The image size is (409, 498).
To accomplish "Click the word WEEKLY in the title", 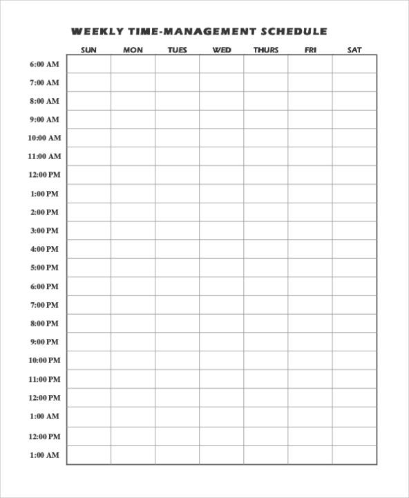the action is (x=97, y=32).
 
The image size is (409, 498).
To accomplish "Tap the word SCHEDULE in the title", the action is (x=294, y=32).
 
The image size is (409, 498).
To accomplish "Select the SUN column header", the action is (x=88, y=50).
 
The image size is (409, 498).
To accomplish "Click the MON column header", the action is (x=133, y=50).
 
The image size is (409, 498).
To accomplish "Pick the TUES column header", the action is (x=177, y=50).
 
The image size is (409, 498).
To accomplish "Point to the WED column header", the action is (x=222, y=50).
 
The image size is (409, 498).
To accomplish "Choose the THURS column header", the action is (x=266, y=50).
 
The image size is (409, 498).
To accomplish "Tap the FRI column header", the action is (x=310, y=50).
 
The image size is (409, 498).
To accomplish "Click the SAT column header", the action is (x=354, y=50).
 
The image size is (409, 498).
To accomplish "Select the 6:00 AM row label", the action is (x=44, y=64).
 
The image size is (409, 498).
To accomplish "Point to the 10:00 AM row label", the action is (x=44, y=138).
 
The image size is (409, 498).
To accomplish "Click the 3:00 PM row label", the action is (x=44, y=231).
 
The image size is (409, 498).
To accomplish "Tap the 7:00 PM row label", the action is (x=44, y=305).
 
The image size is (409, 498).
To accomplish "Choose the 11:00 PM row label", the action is (x=44, y=379).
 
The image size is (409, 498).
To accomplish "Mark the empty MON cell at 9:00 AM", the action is (x=133, y=120).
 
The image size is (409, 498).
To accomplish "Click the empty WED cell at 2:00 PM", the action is (x=222, y=212).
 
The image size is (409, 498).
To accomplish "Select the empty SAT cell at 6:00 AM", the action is (x=354, y=64).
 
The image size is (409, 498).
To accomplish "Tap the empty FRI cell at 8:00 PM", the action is (x=310, y=324).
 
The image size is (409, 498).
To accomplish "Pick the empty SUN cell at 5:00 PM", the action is (x=88, y=268).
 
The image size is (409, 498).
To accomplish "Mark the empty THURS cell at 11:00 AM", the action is (x=266, y=157).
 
